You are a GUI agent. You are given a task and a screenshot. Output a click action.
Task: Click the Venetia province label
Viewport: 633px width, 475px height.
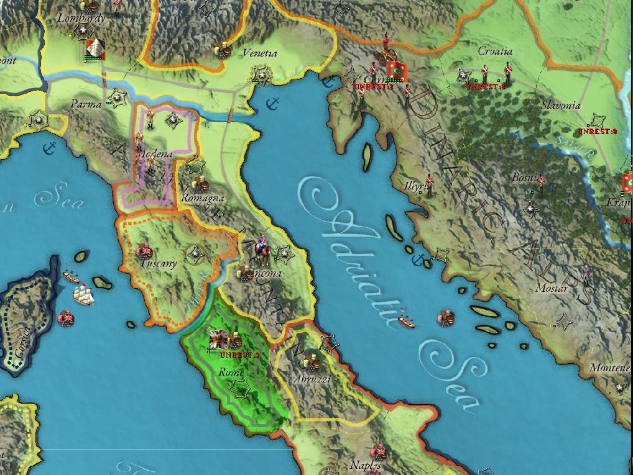(x=260, y=53)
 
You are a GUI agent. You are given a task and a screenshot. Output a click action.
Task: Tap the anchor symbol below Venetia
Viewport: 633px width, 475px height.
(x=271, y=103)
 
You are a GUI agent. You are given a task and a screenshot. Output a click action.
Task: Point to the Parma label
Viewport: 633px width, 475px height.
(x=86, y=104)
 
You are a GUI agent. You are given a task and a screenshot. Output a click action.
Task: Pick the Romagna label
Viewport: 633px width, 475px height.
(x=203, y=198)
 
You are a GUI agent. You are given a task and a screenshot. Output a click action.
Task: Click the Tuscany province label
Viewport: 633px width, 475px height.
(x=159, y=263)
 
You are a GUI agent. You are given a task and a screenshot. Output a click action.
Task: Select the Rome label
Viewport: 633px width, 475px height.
(x=231, y=373)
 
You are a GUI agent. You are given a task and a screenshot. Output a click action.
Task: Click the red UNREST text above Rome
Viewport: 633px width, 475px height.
(x=239, y=355)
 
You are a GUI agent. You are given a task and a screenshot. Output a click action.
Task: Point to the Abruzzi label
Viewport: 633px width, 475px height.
(x=313, y=379)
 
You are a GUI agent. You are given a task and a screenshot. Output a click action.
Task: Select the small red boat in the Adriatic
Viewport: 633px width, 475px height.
(x=407, y=323)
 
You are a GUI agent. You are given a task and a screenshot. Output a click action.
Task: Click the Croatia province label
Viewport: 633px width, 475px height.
(x=496, y=52)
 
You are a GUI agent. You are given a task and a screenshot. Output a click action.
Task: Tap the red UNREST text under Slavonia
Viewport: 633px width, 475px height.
(x=596, y=131)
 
